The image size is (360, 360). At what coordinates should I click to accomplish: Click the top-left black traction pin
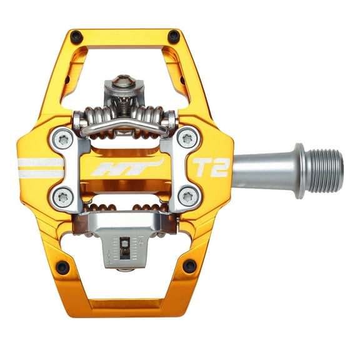point(77,37)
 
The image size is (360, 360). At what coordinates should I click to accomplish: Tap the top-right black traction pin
point(174,37)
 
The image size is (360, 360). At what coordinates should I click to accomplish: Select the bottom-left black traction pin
point(62,268)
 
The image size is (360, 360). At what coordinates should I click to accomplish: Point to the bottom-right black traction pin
point(189,266)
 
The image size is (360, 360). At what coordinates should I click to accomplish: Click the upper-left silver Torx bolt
point(62,139)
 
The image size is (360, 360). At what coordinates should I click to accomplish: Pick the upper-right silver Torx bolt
point(187,137)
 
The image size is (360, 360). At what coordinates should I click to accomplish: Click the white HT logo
point(125,167)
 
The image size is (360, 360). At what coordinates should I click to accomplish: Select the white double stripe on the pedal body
point(41,167)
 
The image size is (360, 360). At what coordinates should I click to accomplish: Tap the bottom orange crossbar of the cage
point(125,307)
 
